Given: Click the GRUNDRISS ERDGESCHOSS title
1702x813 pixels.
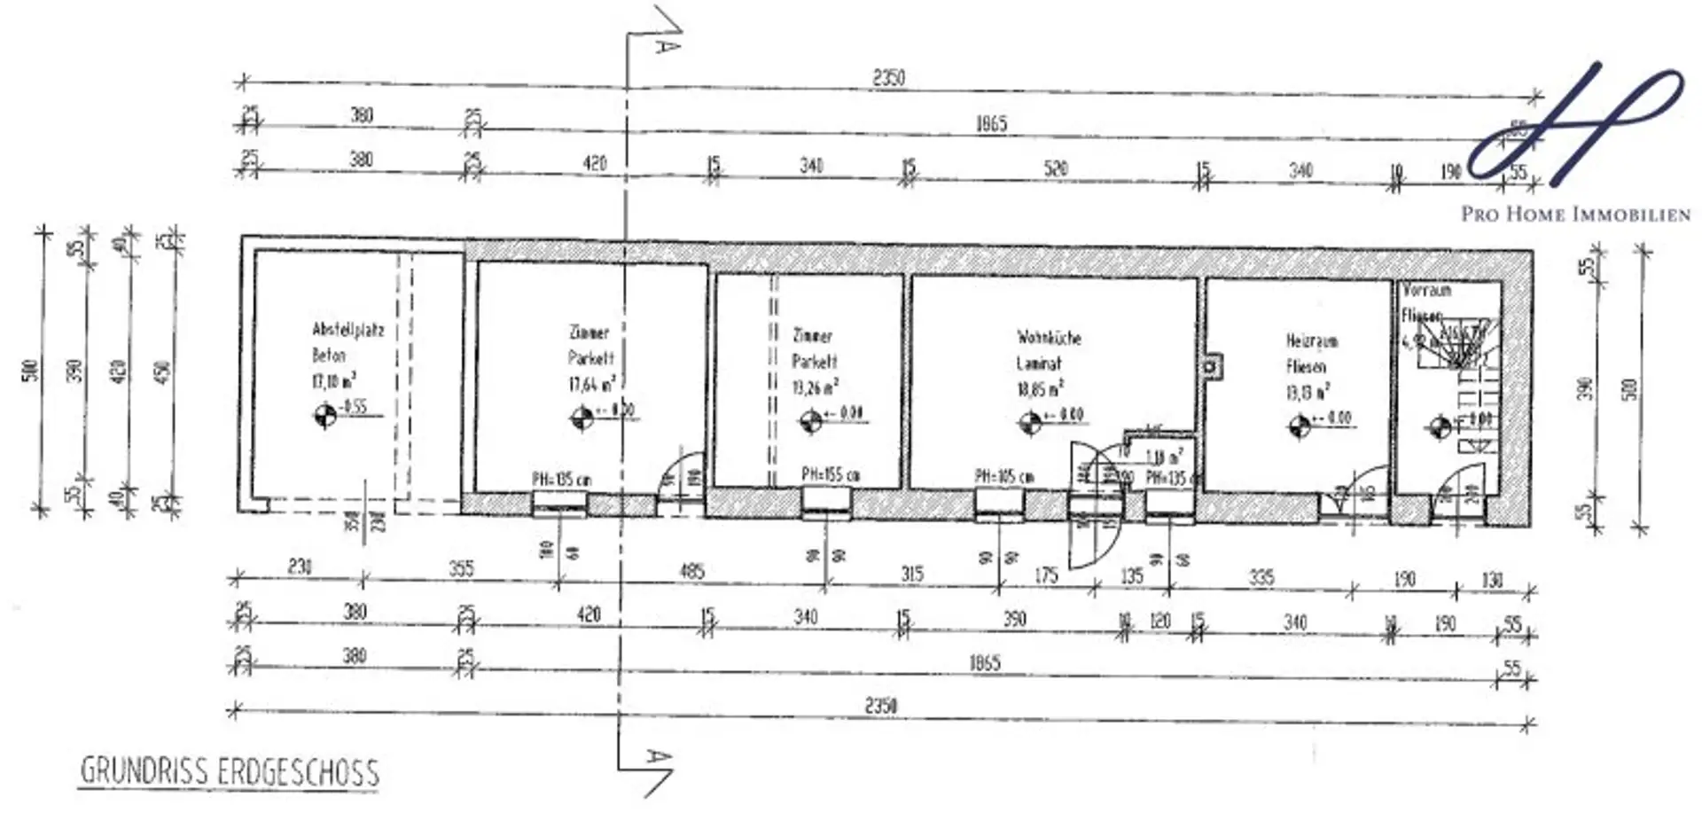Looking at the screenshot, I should point(230,772).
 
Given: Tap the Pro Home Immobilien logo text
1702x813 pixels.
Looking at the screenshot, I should point(1575,215).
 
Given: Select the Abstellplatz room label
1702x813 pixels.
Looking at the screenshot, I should point(347,330).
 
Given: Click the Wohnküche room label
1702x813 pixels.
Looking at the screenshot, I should point(1049,338).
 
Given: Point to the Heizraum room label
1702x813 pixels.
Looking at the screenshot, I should point(1311,340).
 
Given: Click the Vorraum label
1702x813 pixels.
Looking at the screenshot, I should point(1426,290).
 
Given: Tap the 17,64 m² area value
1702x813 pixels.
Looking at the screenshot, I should point(591,384).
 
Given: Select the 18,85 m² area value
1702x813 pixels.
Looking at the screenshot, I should point(1039,389).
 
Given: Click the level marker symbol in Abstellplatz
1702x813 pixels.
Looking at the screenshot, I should point(325,414).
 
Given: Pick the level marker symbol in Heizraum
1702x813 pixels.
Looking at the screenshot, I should point(1299,426).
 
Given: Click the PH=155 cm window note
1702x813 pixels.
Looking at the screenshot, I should point(831,474).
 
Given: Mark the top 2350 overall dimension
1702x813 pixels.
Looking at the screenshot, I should point(888,78).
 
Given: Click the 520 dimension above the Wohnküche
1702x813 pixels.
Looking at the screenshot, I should point(1055,168).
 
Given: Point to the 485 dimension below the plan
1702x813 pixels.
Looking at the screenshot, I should point(691,571).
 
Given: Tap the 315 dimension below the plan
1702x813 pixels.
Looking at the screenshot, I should point(911,574).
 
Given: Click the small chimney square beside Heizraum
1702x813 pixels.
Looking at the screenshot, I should point(1210,366).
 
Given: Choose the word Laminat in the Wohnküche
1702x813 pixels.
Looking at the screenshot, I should point(1038,364).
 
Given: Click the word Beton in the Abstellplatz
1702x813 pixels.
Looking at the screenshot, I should point(328,356).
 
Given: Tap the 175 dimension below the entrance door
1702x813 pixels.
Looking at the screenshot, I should point(1046,575).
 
